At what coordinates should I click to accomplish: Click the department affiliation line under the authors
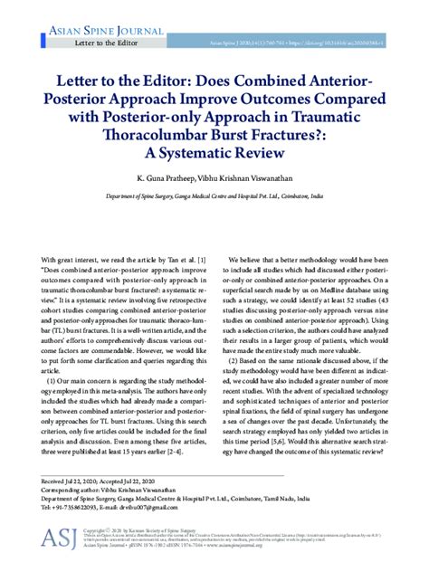[x=214, y=196]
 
